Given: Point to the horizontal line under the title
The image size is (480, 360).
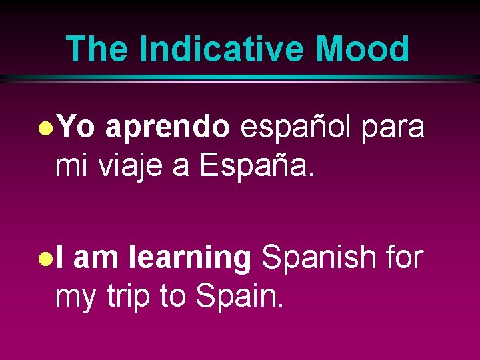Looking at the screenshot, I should (240, 79).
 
